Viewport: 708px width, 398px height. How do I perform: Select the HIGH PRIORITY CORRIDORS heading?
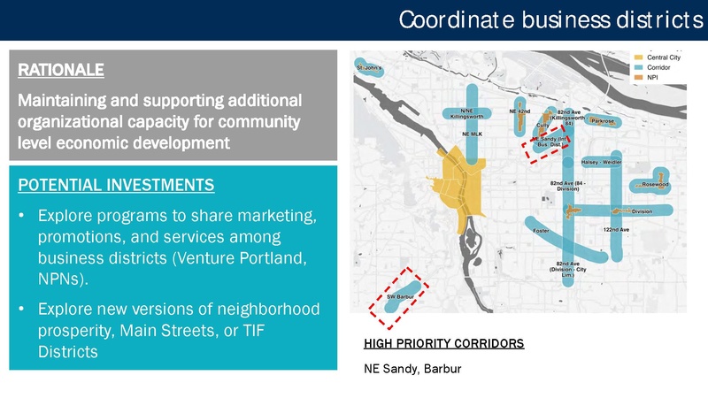[x=443, y=343]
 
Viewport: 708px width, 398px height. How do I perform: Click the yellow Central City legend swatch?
[x=640, y=57]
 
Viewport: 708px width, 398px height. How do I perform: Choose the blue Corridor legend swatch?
[x=640, y=67]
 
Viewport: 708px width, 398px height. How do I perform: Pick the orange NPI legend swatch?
[x=640, y=78]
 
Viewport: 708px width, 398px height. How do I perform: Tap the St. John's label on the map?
[x=370, y=68]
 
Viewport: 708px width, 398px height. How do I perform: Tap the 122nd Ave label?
[x=616, y=229]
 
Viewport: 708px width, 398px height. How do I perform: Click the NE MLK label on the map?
[x=472, y=134]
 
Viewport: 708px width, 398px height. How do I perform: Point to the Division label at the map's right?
[x=642, y=211]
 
